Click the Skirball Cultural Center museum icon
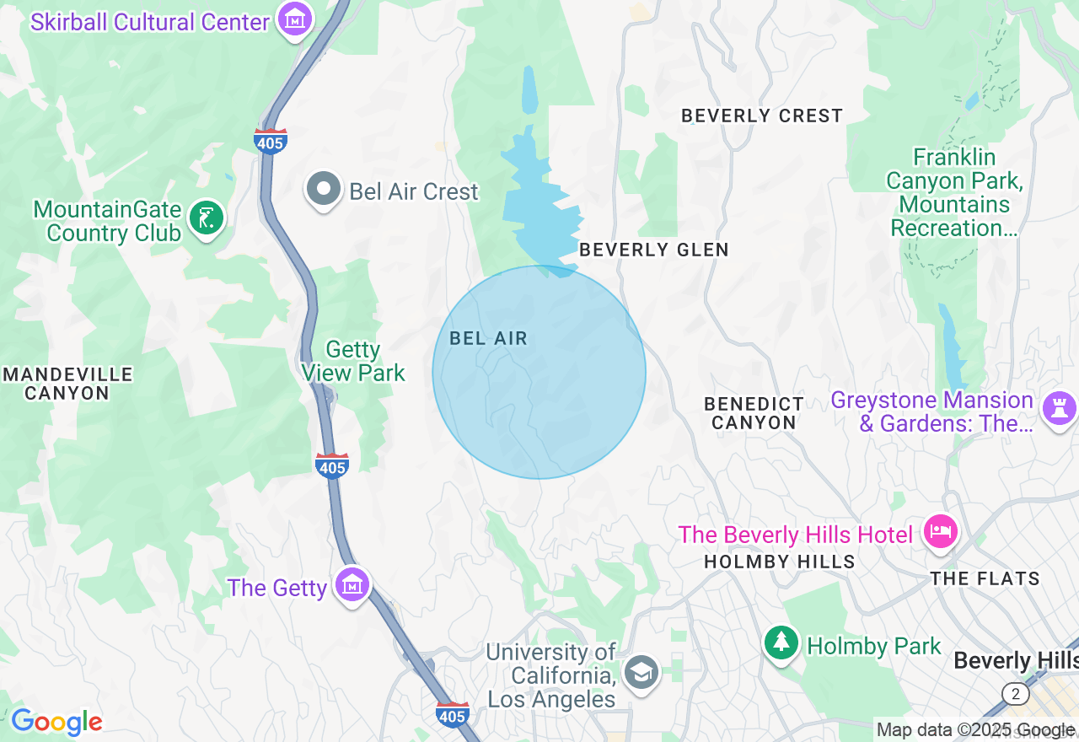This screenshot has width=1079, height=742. (x=294, y=19)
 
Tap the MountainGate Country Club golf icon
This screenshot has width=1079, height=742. (x=206, y=218)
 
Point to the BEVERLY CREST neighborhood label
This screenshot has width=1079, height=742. (x=761, y=116)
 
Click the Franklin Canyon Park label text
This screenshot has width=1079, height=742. (x=954, y=192)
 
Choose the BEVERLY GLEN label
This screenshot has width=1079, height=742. (x=654, y=250)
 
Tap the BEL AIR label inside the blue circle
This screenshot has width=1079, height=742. (x=488, y=338)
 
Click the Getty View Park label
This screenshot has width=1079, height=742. (x=353, y=361)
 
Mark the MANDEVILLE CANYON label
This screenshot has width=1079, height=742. (x=67, y=384)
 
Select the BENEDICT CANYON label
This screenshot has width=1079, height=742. (x=754, y=413)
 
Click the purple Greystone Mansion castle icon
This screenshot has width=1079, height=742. (x=1058, y=410)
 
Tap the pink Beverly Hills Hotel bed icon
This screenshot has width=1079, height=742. (x=940, y=532)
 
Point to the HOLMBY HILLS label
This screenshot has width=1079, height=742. (x=779, y=562)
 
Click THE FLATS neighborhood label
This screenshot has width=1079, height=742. (x=985, y=578)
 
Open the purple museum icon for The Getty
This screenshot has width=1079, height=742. (x=352, y=584)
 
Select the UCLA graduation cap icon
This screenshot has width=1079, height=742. (x=641, y=672)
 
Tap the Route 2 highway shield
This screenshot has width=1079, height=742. (x=1015, y=694)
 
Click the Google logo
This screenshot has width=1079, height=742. (x=56, y=722)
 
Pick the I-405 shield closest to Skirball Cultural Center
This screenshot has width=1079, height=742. (x=270, y=142)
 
